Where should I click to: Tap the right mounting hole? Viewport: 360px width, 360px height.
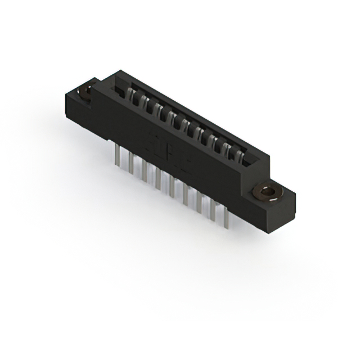click(x=268, y=193)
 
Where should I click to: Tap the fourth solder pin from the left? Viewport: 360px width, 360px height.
click(x=157, y=178)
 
